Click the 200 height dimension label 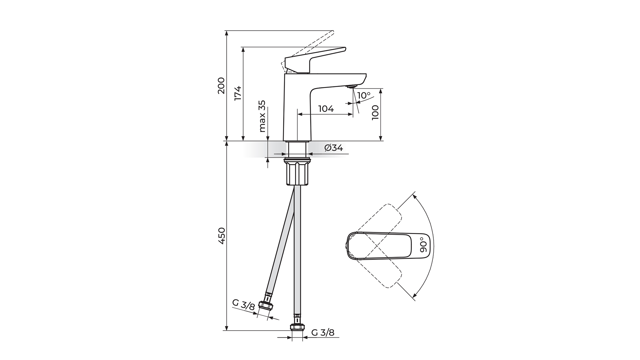[x=221, y=86]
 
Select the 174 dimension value [x=238, y=93]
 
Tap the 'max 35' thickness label [x=262, y=116]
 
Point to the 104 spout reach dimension [x=326, y=109]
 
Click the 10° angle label [x=364, y=96]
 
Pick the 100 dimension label [x=375, y=113]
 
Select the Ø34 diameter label [x=333, y=148]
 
